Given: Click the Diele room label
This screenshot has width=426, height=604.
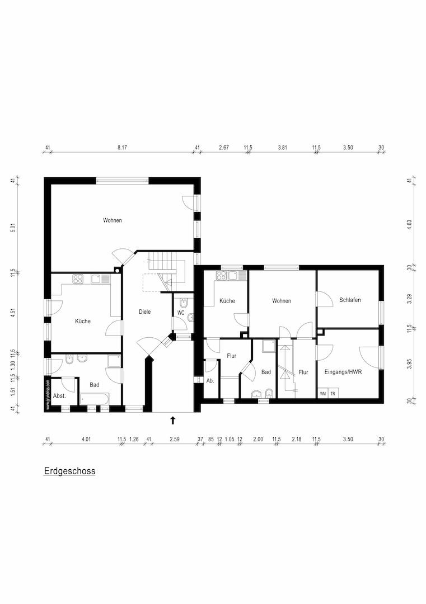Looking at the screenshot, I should [x=144, y=312].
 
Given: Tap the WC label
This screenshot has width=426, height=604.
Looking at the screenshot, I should [x=181, y=313].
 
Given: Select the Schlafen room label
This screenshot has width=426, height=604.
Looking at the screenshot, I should [x=350, y=300].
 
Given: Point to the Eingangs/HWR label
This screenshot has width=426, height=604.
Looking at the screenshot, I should [x=343, y=372].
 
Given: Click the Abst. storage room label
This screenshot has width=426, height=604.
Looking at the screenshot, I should [x=59, y=395].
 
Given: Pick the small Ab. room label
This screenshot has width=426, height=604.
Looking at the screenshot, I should [x=210, y=380].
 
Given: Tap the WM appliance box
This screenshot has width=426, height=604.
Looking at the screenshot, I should [x=323, y=393].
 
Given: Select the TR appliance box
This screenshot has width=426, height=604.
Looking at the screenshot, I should [x=333, y=393].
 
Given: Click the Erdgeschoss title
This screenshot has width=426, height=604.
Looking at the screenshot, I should [x=69, y=471].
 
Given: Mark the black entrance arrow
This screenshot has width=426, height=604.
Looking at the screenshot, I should [x=172, y=419].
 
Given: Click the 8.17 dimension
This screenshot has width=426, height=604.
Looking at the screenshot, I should [x=122, y=148].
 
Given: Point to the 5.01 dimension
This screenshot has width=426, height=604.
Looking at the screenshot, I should [x=12, y=228].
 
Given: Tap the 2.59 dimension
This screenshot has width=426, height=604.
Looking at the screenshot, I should [x=174, y=440].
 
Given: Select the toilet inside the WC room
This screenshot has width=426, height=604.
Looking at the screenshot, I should [x=190, y=318].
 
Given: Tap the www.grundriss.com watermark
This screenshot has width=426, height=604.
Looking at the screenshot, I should [x=48, y=395].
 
